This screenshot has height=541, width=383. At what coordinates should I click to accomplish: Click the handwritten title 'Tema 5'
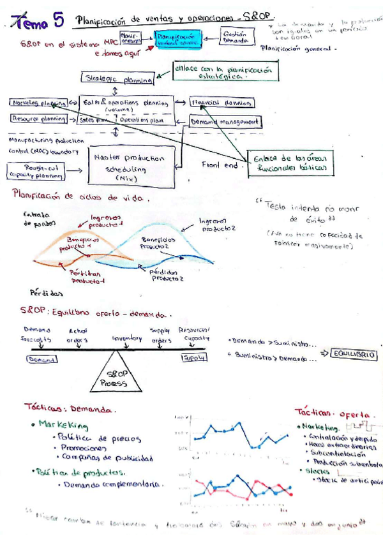[41, 24]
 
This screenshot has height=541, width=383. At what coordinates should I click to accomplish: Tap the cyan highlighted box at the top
[179, 38]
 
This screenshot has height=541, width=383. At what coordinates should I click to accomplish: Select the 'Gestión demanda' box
[236, 36]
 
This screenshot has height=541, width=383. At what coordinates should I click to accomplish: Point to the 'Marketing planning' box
[38, 103]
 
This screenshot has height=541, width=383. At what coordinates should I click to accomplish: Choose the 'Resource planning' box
[38, 119]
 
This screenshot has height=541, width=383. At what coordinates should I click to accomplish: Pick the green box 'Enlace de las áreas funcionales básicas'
[291, 162]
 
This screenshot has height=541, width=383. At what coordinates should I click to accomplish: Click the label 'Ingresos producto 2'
[217, 224]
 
